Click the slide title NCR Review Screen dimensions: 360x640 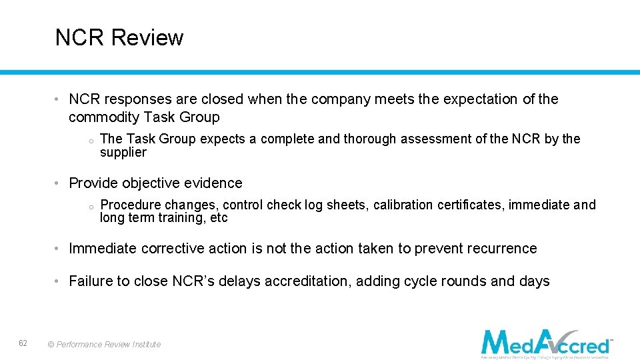click(119, 38)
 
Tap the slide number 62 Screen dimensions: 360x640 click(23, 343)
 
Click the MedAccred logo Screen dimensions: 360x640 click(546, 343)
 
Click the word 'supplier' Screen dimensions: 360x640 click(123, 153)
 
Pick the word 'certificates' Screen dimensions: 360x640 click(471, 205)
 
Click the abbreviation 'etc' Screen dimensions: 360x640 click(219, 218)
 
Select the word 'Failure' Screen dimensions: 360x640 click(91, 281)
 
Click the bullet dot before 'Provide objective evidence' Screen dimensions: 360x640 click(59, 183)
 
